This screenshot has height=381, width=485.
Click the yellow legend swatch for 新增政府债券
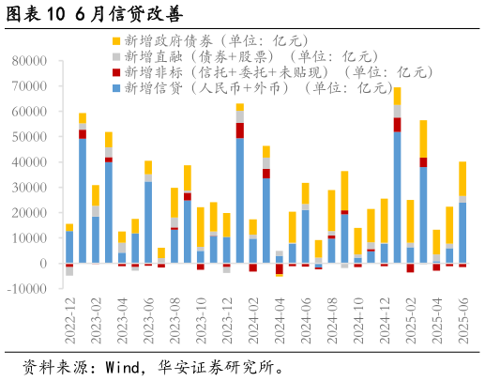pos(115,41)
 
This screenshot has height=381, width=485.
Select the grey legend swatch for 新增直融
pos(115,56)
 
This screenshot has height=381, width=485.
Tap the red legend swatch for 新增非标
pos(115,72)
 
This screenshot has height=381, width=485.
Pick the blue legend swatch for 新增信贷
pos(115,88)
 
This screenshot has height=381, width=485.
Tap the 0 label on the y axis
pos(44,264)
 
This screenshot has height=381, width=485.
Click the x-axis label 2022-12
pos(70,319)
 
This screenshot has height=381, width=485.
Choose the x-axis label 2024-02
pos(253,319)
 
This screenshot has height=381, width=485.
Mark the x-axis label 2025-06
pos(463,319)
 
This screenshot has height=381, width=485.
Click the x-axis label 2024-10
pos(358,319)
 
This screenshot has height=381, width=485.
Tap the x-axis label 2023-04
pos(123,319)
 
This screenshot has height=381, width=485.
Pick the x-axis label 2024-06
pos(306,319)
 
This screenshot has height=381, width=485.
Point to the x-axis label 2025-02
pos(411,319)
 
